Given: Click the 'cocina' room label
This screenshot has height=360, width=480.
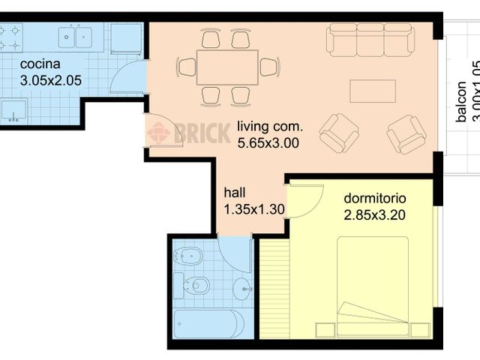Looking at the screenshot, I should pyautogui.click(x=36, y=64).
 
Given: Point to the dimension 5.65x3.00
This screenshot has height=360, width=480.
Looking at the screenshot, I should pyautogui.click(x=268, y=142).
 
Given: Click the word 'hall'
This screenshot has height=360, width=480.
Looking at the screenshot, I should pyautogui.click(x=234, y=193).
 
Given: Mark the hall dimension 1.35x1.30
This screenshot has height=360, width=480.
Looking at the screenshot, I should pyautogui.click(x=254, y=209).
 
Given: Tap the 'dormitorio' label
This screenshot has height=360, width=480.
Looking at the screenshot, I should pyautogui.click(x=375, y=199).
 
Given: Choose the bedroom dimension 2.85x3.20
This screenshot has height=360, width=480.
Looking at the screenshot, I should pyautogui.click(x=375, y=215).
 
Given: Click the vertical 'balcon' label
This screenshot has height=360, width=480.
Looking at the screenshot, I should pyautogui.click(x=461, y=101).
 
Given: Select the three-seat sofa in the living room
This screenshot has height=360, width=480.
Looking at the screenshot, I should pyautogui.click(x=370, y=39).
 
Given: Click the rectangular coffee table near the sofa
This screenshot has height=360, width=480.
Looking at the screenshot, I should pyautogui.click(x=373, y=91).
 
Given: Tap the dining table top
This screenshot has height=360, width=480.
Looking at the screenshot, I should pyautogui.click(x=227, y=67).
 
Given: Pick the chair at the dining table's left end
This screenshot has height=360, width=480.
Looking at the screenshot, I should pyautogui.click(x=187, y=67).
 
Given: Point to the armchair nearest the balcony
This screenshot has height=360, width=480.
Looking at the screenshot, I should pyautogui.click(x=406, y=134).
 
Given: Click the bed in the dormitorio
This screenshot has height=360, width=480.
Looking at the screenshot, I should pyautogui.click(x=373, y=285).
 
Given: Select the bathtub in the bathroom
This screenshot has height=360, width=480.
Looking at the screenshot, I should pyautogui.click(x=208, y=325).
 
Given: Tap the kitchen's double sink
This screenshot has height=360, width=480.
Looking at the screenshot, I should pyautogui.click(x=75, y=35).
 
